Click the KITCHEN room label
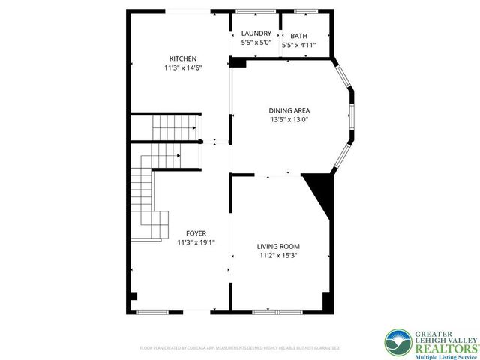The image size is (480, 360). click(183, 58)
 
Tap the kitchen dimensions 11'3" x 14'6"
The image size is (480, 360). click(183, 67)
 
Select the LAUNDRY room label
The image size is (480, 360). click(256, 34)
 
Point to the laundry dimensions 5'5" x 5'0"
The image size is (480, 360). click(256, 43)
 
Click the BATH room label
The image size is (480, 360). click(299, 36)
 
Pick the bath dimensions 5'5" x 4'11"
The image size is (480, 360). click(299, 45)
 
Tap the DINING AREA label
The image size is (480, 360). click(290, 110)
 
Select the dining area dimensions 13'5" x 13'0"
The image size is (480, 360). click(290, 119)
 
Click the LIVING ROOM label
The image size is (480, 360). click(278, 247)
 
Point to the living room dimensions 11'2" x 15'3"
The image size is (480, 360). click(278, 256)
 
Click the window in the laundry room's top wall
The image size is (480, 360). click(256, 11)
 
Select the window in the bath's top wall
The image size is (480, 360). click(305, 11)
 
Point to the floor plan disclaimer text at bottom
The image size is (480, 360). click(240, 348)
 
